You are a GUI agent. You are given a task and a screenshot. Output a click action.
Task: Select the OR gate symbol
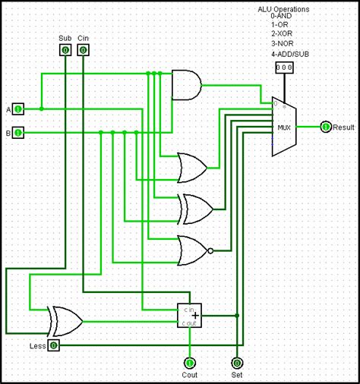[x=190, y=166]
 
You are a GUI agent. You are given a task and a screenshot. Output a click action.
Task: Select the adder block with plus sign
[x=189, y=314]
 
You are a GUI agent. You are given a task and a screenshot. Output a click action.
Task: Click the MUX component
[x=283, y=127]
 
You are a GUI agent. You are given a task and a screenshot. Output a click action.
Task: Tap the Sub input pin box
[x=65, y=50]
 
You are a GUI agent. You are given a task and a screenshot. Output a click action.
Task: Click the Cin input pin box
[x=83, y=50]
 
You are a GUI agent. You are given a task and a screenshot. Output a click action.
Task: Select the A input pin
[x=19, y=109]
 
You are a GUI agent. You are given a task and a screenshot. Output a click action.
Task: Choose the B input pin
[x=19, y=134]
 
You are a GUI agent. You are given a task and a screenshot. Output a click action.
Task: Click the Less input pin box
[x=53, y=345]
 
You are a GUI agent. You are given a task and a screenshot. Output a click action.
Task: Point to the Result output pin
[x=326, y=127]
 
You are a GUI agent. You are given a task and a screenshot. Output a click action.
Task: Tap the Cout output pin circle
[x=189, y=363]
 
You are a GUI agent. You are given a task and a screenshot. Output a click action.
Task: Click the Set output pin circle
[x=237, y=363]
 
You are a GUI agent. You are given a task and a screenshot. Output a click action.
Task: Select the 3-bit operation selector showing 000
[x=283, y=68]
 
